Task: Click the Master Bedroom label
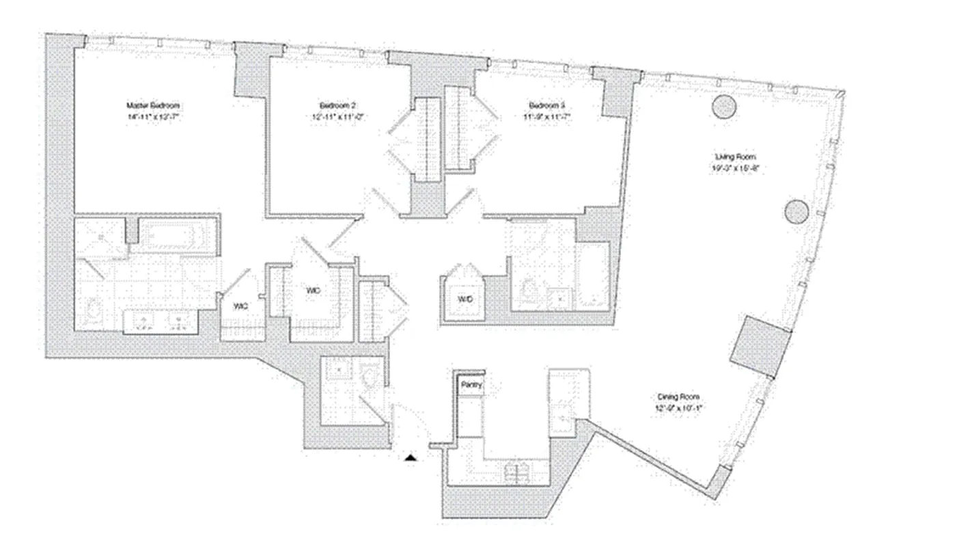pos(153,105)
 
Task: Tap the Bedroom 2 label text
pos(338,105)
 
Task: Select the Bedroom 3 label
pos(547,105)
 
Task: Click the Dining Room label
pos(678,397)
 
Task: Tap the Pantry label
pos(471,385)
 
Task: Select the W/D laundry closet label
pos(464,299)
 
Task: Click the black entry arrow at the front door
pos(410,458)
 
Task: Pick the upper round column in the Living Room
pos(723,107)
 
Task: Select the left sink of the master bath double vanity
pos(143,322)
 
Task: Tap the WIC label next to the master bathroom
pos(240,307)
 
